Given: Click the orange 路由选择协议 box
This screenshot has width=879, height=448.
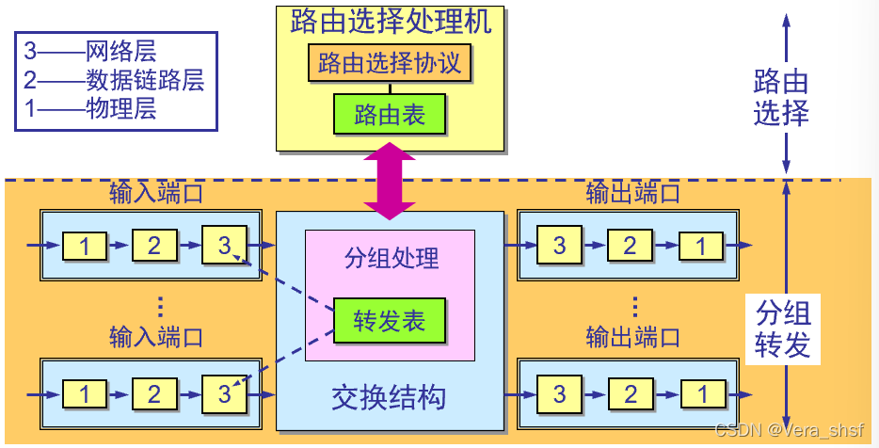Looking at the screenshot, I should point(390,64).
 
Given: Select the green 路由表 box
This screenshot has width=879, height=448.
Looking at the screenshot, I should point(390,115).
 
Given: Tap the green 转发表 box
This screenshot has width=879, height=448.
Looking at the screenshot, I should point(390,321).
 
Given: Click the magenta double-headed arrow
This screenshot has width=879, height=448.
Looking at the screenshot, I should point(390,179).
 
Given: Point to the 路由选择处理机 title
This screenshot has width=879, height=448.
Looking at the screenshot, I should point(390,22).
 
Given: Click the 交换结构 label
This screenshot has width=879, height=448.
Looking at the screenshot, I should point(388,397).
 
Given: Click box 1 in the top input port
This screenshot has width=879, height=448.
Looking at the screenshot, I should point(86,247).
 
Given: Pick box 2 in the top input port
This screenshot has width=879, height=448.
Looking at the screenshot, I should point(155,247).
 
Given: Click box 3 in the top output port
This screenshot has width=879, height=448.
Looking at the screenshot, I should point(560,247).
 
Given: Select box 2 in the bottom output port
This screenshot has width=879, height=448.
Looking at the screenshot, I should point(630,393).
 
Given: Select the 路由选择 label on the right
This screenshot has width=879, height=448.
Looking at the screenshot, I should point(781,97).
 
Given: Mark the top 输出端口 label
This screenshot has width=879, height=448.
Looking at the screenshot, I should point(632,195).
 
